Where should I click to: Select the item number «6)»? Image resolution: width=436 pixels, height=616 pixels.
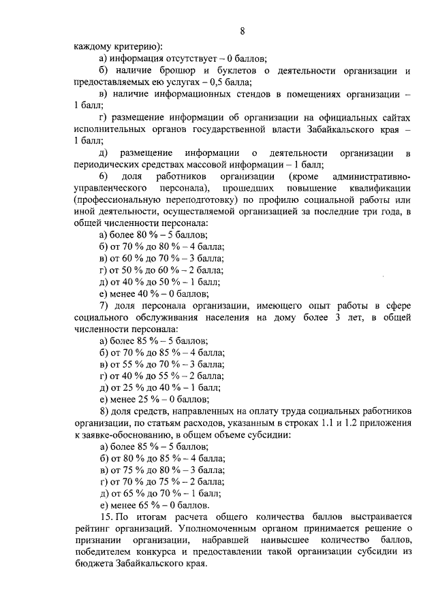coord(106,175)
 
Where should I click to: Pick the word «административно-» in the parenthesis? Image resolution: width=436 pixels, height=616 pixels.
coord(371,175)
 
